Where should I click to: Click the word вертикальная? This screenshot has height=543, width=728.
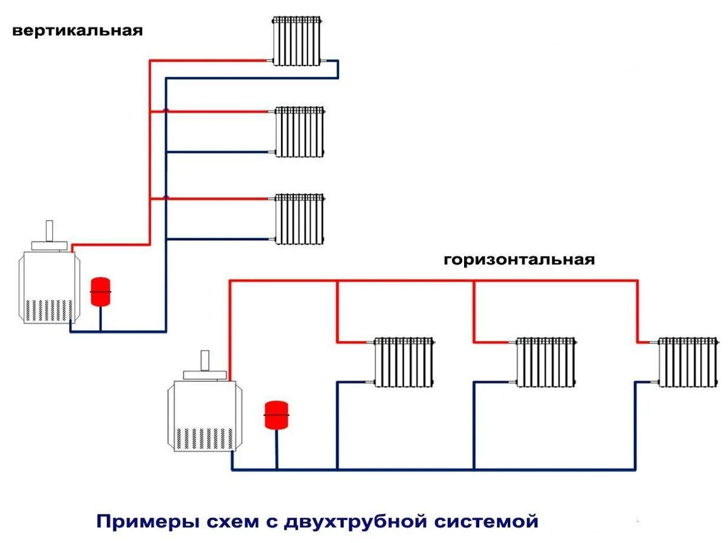click(78, 30)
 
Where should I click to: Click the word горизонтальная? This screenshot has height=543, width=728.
click(519, 260)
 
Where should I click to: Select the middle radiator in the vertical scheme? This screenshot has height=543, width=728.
click(300, 132)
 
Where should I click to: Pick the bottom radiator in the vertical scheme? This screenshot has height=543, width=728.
click(300, 219)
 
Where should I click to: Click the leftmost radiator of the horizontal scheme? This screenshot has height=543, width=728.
click(404, 362)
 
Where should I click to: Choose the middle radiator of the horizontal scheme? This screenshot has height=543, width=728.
click(545, 362)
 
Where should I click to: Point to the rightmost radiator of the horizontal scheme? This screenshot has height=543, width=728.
click(687, 362)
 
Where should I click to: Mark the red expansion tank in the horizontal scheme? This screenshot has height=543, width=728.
click(277, 415)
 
